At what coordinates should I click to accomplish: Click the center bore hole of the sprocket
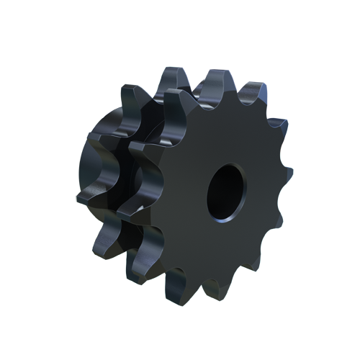pyautogui.click(x=228, y=190)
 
